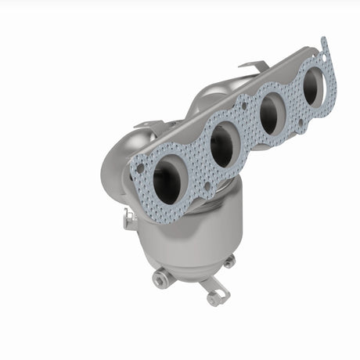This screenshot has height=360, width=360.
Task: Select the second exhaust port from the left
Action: [x=222, y=145]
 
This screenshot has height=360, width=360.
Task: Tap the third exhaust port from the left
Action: [x=271, y=113]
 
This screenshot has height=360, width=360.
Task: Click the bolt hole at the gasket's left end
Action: [x=139, y=167]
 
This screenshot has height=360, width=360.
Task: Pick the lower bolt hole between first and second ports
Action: [x=207, y=185]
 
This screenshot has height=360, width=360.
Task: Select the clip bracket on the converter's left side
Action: [x=129, y=221]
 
